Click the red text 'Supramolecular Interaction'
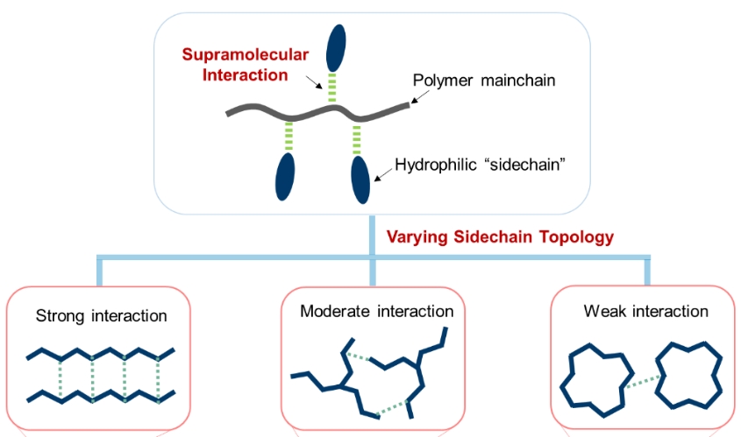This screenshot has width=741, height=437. (x=245, y=65)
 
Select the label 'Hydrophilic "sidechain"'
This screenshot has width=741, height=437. (x=478, y=164)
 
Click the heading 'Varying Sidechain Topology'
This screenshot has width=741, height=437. (x=500, y=236)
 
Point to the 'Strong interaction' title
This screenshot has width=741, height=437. (x=101, y=315)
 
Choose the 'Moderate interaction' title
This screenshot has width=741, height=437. (x=376, y=312)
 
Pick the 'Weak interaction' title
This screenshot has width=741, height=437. (x=645, y=312)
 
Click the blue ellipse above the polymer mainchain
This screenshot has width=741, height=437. (x=336, y=47)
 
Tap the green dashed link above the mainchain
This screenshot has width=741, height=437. (x=332, y=88)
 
